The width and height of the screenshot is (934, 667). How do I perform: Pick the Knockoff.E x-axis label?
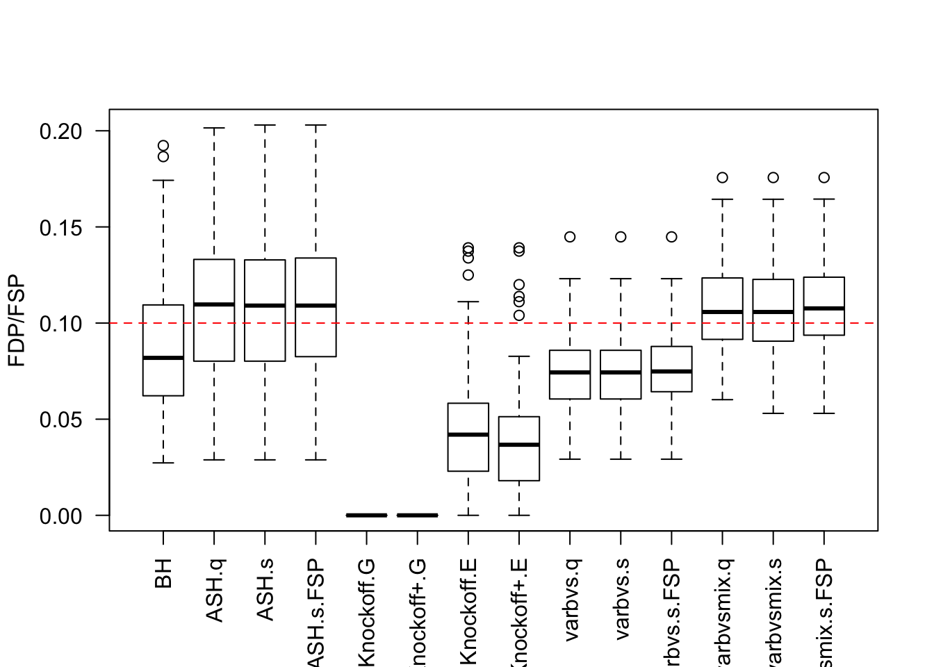[468, 611]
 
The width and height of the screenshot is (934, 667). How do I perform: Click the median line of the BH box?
[163, 358]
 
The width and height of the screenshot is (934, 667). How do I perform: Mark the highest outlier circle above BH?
[163, 146]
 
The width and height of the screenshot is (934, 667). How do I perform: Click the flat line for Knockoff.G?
[366, 515]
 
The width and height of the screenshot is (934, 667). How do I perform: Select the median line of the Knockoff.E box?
[468, 434]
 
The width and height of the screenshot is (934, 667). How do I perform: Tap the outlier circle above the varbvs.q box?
[570, 237]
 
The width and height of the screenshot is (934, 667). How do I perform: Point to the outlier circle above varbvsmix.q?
[723, 178]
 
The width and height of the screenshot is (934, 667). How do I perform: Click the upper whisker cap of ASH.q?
[214, 129]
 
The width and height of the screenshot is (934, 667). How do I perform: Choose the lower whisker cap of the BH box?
[163, 463]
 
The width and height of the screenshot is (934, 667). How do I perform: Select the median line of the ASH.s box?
[265, 305]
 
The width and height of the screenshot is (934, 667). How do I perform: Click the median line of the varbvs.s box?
[621, 372]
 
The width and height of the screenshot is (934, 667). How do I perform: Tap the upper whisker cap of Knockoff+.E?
[519, 356]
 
